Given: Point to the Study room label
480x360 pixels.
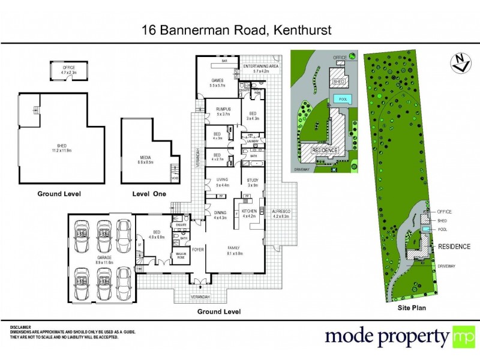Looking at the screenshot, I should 252,182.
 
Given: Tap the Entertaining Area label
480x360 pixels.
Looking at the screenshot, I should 257,68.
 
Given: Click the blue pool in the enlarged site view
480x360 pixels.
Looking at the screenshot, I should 342,98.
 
